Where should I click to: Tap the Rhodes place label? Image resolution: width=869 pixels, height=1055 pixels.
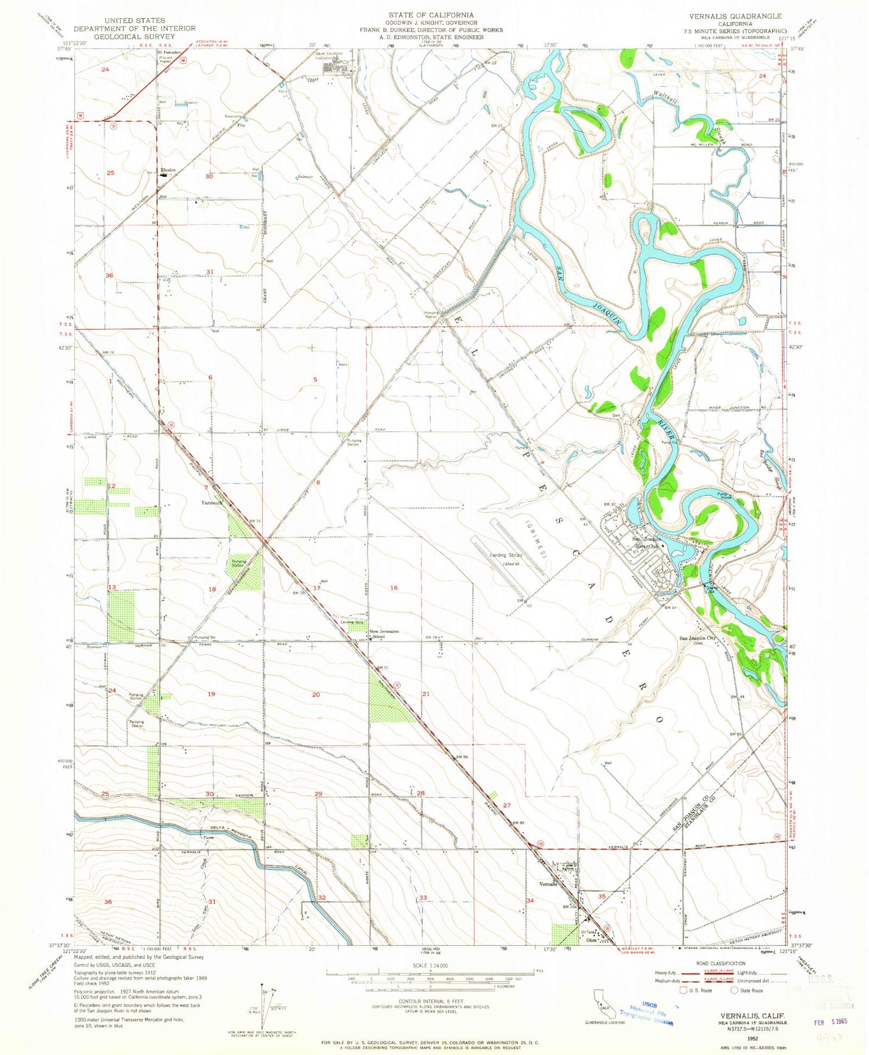[168, 170]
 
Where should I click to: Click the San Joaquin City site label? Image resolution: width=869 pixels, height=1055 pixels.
[698, 639]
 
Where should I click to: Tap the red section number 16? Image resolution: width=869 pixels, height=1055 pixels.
[394, 587]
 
